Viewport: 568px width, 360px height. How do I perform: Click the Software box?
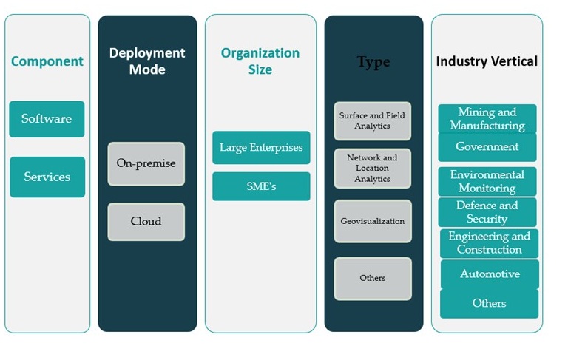pos(47,119)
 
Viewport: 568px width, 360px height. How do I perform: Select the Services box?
pos(47,177)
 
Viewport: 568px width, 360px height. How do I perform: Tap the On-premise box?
pos(146,163)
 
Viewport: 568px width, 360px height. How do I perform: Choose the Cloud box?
pos(146,221)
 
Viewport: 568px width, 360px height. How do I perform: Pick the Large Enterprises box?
pos(261,147)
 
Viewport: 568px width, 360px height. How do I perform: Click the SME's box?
pos(261,186)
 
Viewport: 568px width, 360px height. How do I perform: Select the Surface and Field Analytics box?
pos(372,120)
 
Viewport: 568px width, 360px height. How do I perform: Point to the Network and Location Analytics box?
pos(372,168)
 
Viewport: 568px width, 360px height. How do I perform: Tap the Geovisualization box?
pos(372,221)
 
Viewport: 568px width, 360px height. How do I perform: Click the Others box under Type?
pos(372,278)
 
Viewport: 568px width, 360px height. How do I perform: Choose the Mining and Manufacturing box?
pos(487,118)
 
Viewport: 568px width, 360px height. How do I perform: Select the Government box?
pos(487,146)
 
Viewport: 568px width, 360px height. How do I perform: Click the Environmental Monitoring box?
pos(487,181)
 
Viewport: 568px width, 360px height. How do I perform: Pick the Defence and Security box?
pos(487,212)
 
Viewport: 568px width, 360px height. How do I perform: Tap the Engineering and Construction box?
pos(489,243)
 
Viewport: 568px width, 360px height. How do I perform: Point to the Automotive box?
pos(490,274)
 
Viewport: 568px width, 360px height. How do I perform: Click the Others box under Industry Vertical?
pos(489,303)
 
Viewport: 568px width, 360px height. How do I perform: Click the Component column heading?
pos(46,61)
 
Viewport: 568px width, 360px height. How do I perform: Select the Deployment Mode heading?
pos(147,61)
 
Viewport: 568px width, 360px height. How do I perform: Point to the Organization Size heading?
pos(260,61)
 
